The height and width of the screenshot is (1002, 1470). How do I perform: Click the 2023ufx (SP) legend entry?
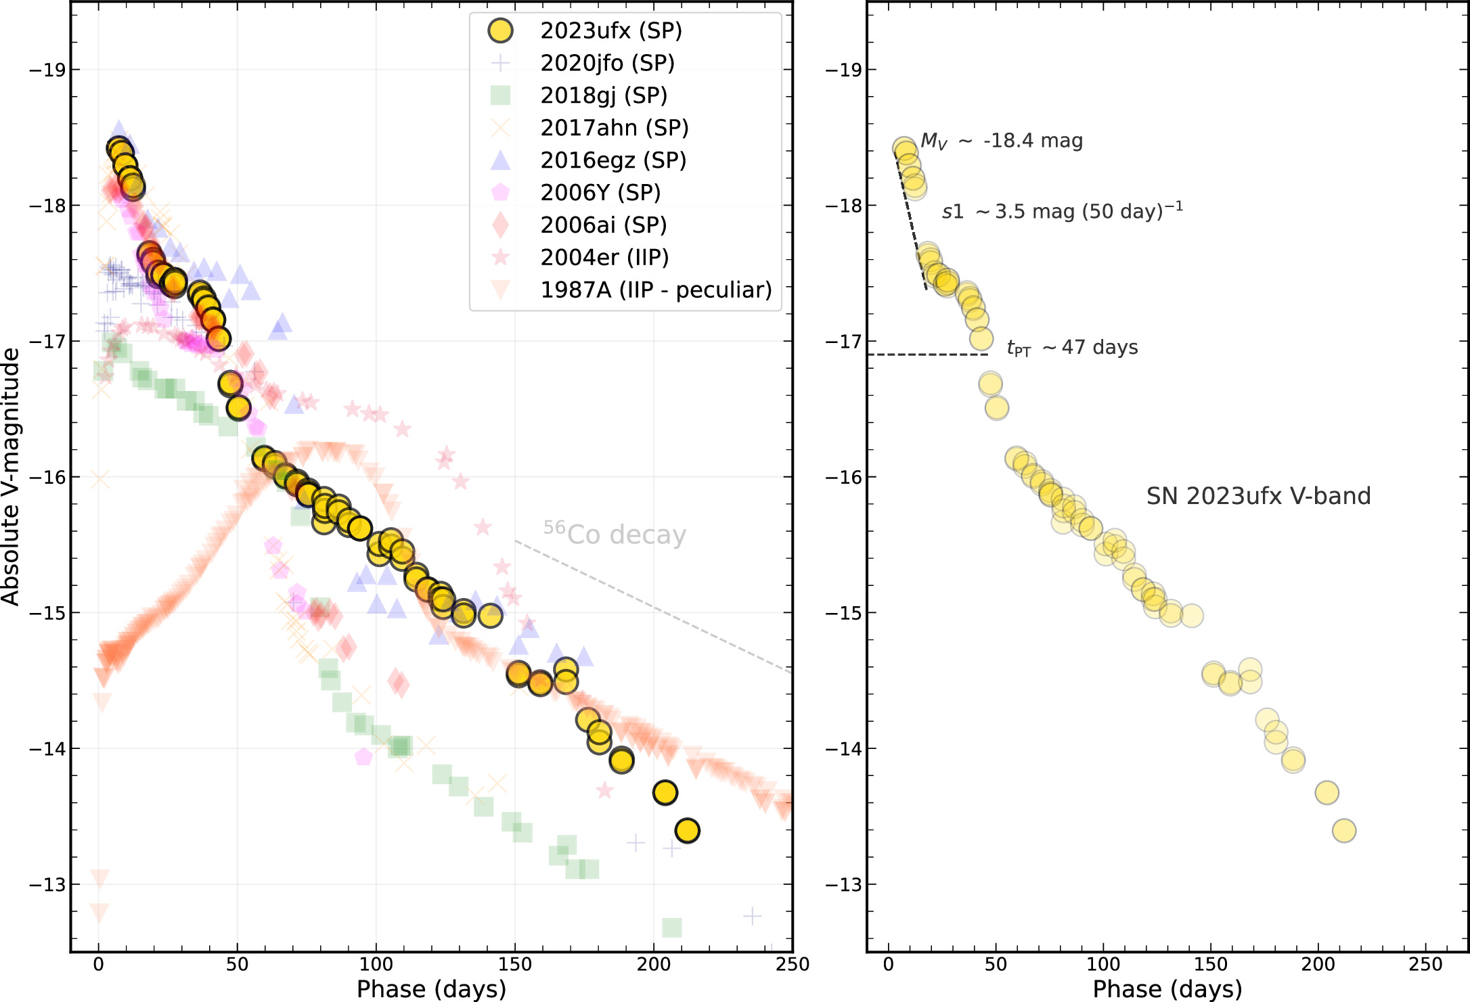tap(610, 30)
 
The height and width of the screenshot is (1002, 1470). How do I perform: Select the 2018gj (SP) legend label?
tap(604, 95)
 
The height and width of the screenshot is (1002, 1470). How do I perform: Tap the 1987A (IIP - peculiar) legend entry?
tap(656, 290)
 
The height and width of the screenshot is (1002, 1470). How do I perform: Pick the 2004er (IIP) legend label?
tap(604, 257)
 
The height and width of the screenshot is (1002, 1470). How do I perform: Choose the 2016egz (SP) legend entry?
tap(613, 160)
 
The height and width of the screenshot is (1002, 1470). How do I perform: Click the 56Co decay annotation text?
tap(615, 534)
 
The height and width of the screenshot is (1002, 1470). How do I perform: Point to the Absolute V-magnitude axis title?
tap(11, 476)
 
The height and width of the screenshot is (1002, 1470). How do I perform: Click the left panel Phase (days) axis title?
tap(431, 988)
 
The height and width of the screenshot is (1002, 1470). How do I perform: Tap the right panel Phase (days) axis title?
tap(1167, 988)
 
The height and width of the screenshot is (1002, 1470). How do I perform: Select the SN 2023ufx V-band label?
tap(1258, 496)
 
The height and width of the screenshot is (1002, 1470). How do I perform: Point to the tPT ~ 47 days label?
tap(1072, 348)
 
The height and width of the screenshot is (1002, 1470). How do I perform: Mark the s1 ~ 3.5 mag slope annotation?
tap(1062, 211)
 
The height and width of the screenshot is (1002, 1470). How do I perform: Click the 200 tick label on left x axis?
tap(654, 964)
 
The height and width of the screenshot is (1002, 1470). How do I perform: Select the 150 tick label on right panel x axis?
tap(1211, 964)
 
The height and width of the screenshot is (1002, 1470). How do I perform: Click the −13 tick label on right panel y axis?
tap(843, 884)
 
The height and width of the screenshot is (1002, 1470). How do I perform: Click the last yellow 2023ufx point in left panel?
tap(687, 830)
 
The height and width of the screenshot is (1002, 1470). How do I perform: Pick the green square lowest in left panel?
tap(671, 928)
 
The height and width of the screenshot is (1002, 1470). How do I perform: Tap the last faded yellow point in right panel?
tap(1344, 830)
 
